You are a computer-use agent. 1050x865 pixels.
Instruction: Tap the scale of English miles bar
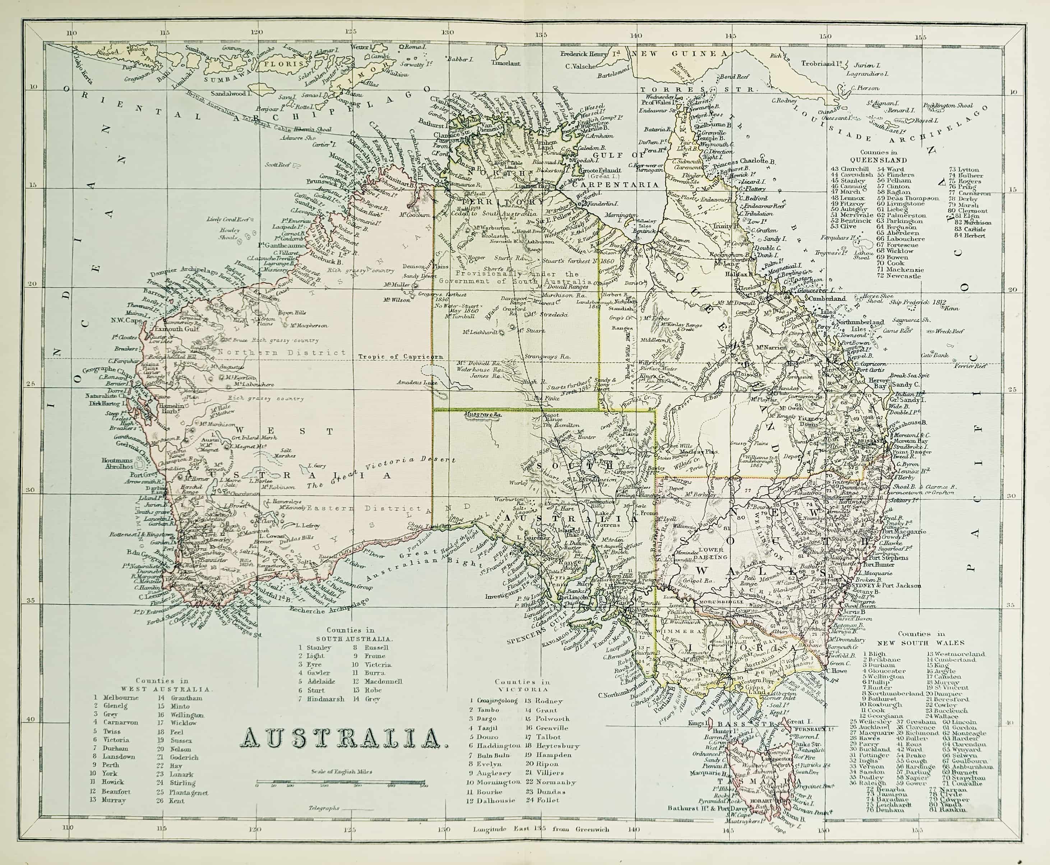342,782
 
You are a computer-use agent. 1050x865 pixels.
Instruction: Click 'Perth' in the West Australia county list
111,764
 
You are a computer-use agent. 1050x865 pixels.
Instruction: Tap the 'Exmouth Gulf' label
178,328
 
